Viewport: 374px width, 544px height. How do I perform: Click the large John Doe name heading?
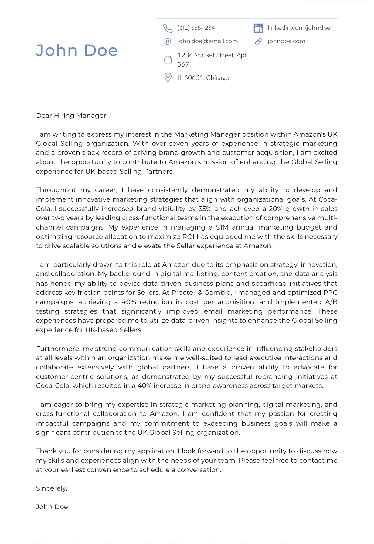(x=76, y=50)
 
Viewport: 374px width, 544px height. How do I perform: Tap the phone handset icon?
(x=168, y=28)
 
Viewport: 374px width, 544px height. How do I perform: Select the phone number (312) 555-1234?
(x=196, y=28)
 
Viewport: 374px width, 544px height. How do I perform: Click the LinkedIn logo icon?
(x=258, y=28)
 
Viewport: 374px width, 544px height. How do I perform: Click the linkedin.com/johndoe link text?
(x=299, y=28)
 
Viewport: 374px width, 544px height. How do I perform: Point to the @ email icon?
(x=168, y=41)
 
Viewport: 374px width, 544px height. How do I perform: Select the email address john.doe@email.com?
(x=207, y=41)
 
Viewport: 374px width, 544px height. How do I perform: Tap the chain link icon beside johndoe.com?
(x=258, y=41)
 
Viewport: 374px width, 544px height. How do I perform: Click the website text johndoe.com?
(x=286, y=41)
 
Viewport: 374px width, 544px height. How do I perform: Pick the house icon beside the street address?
(x=168, y=59)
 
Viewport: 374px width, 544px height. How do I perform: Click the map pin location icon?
(x=168, y=77)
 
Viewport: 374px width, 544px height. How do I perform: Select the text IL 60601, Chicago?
(x=203, y=78)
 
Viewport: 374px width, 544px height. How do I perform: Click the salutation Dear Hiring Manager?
(x=72, y=116)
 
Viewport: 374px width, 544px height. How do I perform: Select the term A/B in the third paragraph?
(x=331, y=302)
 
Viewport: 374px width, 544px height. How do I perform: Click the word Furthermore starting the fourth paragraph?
(x=58, y=349)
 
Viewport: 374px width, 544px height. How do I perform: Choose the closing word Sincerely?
(x=51, y=488)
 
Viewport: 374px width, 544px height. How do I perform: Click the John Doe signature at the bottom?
(x=52, y=507)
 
